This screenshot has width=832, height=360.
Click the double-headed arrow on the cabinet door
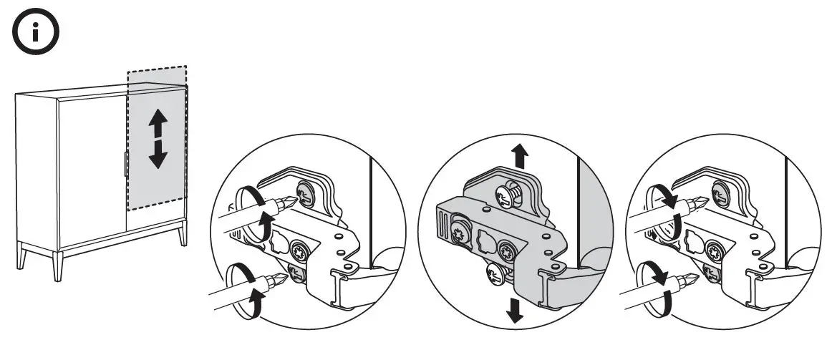[158, 140]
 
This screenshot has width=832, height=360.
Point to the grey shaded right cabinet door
[158, 179]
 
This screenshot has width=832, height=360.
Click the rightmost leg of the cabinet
[183, 233]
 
